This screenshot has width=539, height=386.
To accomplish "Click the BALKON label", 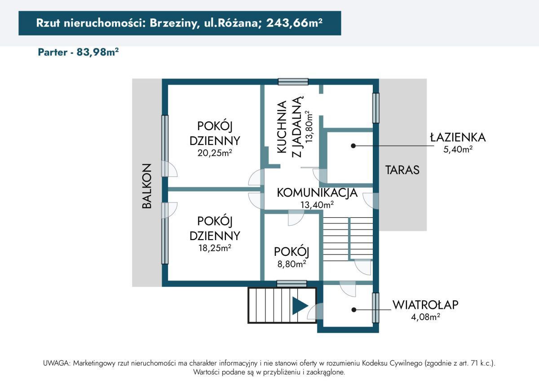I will coord(146,186).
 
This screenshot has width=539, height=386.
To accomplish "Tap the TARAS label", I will coord(402,170).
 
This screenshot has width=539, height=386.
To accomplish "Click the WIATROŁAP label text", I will coord(425,305).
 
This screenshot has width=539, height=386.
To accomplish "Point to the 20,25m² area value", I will coord(214,153).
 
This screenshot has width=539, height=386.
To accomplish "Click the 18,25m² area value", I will coord(214,248).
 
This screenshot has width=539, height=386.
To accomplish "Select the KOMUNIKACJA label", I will coord(317,193).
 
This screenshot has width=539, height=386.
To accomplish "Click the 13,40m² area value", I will coord(317,205).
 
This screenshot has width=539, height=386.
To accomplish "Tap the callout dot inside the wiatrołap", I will coord(353,310).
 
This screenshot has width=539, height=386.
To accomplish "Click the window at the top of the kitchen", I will coord(293,82).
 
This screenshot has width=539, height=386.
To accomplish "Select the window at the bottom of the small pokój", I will coord(292,283).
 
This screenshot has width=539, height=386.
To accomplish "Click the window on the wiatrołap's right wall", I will coord(376,307).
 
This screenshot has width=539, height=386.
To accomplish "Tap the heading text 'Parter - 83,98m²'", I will coord(78,52).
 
